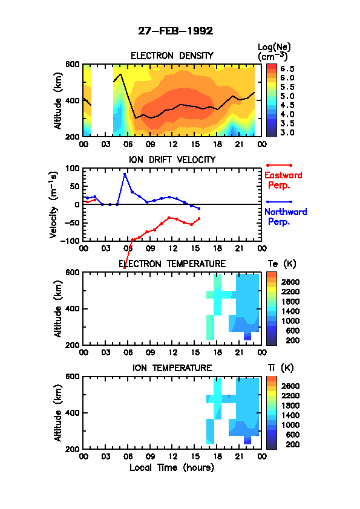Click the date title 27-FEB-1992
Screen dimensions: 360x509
[175, 31]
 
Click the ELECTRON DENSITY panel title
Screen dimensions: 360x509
[172, 56]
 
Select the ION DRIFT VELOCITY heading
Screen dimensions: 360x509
[172, 160]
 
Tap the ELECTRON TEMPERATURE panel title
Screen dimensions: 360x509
[172, 264]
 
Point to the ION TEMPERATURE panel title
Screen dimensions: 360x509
[172, 368]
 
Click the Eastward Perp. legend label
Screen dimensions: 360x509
[283, 180]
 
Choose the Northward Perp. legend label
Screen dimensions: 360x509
[286, 217]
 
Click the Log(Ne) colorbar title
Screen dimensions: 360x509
[274, 51]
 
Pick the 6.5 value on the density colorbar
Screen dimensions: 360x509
[287, 69]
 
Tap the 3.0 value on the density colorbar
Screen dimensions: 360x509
[287, 132]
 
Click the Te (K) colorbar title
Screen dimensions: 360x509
[282, 264]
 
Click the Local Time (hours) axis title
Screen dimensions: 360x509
[172, 468]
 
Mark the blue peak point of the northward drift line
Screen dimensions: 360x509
[125, 174]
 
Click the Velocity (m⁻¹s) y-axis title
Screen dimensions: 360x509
[53, 205]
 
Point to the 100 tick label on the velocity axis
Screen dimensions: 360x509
[72, 168]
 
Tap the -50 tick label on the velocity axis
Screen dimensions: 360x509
[72, 222]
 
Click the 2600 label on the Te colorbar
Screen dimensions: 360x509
[290, 282]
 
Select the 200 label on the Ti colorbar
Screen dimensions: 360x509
[292, 444]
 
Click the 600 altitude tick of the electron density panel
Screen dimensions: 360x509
[72, 64]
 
